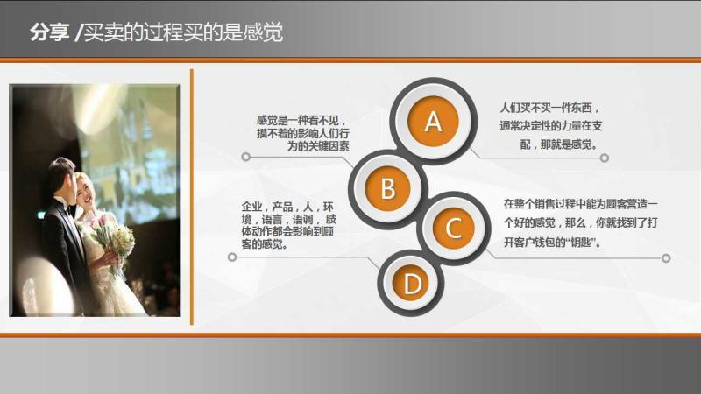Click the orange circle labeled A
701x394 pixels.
433,122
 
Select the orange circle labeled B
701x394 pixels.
387,188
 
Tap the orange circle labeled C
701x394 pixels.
453,229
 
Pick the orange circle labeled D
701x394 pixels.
412,284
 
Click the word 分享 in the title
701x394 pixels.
49,32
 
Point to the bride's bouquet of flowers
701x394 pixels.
114,243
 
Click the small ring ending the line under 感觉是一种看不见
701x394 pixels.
245,157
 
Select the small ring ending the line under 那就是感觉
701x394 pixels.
605,158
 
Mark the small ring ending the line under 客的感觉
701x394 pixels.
232,257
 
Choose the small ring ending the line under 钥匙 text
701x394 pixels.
666,257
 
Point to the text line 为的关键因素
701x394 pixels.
318,145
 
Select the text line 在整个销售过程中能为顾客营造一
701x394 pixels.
580,204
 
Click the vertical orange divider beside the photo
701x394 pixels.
192,196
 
